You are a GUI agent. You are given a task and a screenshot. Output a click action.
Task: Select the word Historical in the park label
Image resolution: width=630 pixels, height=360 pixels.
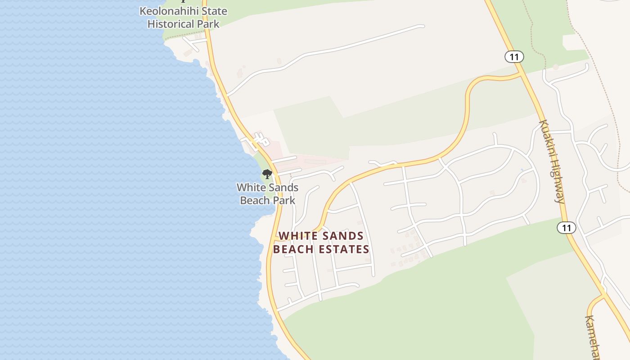(171, 24)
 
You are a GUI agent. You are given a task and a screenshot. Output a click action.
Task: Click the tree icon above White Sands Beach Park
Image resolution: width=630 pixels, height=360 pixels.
(267, 174)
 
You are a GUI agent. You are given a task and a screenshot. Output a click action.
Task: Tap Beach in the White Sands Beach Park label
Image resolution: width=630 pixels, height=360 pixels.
(255, 200)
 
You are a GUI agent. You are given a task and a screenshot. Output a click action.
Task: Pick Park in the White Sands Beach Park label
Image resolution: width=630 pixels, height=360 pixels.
(283, 200)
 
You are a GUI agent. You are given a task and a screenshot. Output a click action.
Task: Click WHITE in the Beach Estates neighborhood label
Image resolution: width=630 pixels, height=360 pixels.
(297, 236)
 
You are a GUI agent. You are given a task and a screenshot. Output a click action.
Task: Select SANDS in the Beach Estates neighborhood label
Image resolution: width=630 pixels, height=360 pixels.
(342, 236)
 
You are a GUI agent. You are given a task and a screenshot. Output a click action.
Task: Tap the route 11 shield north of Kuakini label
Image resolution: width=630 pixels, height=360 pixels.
(513, 57)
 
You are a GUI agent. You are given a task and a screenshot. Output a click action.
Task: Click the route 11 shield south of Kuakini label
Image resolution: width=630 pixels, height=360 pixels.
(566, 228)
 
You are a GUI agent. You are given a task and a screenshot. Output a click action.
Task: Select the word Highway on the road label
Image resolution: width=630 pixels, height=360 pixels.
(558, 184)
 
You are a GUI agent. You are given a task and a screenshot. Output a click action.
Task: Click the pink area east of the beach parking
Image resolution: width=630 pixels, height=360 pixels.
(315, 160)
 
